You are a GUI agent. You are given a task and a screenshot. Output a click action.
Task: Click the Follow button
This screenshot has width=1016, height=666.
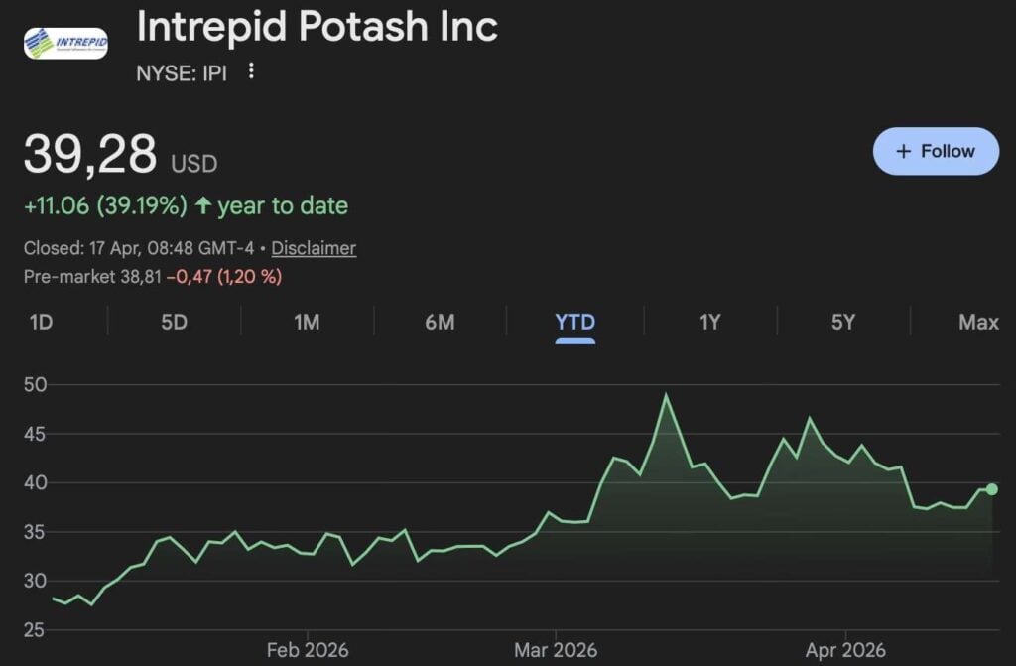tap(936, 151)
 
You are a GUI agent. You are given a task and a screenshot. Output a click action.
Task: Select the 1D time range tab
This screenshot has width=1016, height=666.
tap(41, 322)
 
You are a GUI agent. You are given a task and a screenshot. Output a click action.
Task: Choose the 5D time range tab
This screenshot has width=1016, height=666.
tap(174, 322)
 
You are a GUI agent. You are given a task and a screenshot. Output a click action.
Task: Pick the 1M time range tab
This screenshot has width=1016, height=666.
tap(307, 322)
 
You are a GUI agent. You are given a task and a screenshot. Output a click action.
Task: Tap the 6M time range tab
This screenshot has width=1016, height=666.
tap(440, 322)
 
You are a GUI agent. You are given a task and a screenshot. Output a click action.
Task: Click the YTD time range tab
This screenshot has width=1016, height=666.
tap(575, 322)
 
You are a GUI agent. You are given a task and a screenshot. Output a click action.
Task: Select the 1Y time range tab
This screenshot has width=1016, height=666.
tap(709, 322)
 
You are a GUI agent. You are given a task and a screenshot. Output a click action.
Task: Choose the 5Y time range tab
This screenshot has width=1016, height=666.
tap(842, 322)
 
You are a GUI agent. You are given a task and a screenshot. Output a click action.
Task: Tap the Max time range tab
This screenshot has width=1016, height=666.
tap(978, 322)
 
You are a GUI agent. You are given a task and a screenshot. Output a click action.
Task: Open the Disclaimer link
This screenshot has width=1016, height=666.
tap(314, 248)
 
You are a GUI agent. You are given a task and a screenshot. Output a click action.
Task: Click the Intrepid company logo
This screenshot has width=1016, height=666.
tap(65, 41)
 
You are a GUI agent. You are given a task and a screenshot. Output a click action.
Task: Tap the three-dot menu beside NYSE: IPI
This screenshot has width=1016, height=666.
tap(251, 70)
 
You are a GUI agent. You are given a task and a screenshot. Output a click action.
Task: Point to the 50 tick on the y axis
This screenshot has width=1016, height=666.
tap(37, 385)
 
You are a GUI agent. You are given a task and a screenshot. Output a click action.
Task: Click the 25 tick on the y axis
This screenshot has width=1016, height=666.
tap(37, 629)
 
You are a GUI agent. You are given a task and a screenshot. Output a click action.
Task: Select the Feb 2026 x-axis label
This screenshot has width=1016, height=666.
tap(308, 650)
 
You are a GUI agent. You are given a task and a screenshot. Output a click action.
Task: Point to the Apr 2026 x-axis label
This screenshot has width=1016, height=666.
tap(845, 650)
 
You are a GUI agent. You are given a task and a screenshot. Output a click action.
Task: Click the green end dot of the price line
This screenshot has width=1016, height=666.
tap(991, 488)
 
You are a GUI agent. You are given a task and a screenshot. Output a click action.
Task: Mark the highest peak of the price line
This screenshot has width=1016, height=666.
tap(667, 395)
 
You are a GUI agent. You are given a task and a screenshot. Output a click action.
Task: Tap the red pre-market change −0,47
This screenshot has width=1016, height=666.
tap(191, 277)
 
